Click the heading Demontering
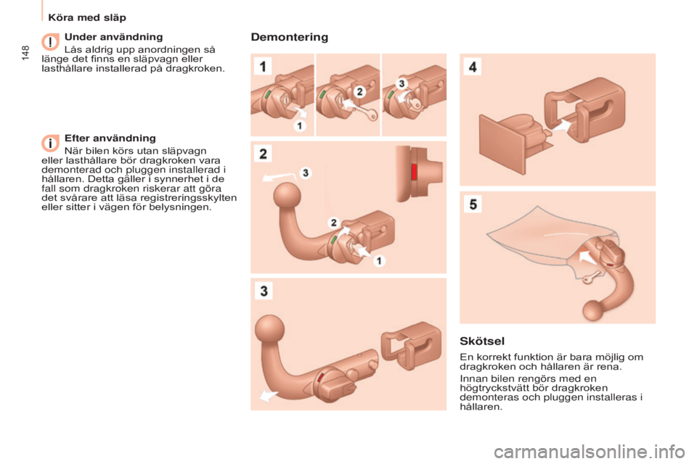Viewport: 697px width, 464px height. (x=290, y=37)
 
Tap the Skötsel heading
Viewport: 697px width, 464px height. (x=482, y=341)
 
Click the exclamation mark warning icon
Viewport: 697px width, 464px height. (x=50, y=42)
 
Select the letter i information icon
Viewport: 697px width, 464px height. (x=50, y=144)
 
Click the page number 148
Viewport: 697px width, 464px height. (x=25, y=52)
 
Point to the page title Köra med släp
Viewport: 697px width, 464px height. (x=87, y=17)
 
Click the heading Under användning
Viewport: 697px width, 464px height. (x=114, y=37)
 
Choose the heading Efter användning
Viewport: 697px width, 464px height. (x=110, y=138)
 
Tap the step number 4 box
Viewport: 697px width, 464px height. (x=473, y=67)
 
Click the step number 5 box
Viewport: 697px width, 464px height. (x=473, y=204)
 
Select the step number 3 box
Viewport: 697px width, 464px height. (x=264, y=291)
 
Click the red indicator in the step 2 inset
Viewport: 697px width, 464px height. (x=414, y=172)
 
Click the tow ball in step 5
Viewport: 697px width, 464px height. (x=593, y=310)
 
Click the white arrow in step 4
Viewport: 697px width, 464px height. (x=562, y=125)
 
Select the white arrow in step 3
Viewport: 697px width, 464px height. (x=268, y=394)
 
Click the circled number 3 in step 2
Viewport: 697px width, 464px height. (x=306, y=173)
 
